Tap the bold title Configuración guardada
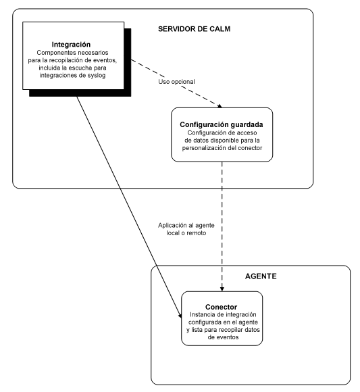[x=222, y=124]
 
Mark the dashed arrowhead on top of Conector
[x=222, y=287]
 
